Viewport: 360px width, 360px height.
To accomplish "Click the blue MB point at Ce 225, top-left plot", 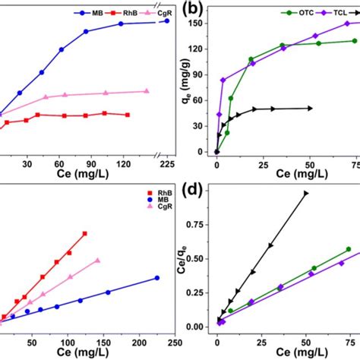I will (x=167, y=21).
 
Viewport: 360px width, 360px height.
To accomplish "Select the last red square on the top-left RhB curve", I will (x=127, y=115).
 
